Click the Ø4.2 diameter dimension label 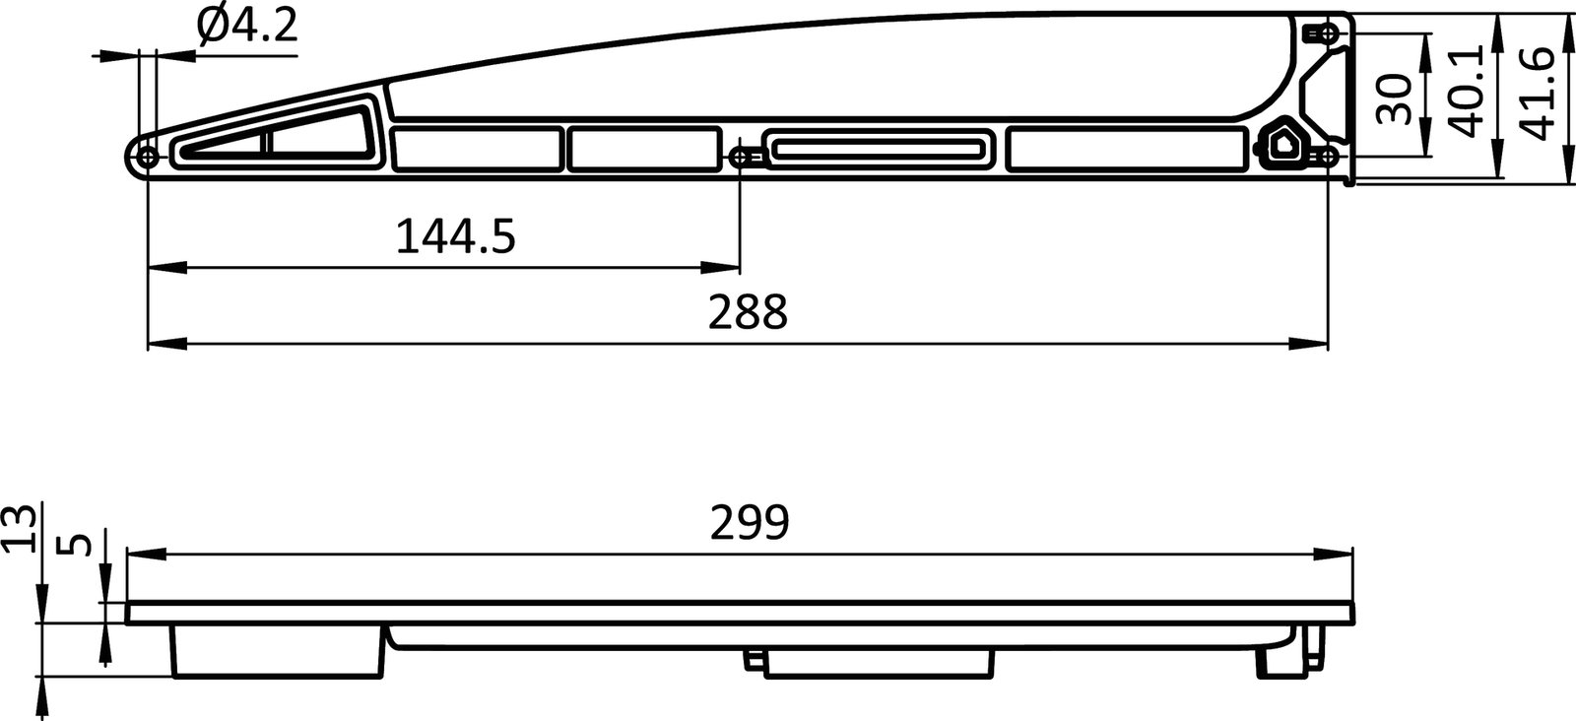click(x=246, y=27)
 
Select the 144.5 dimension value click(x=455, y=237)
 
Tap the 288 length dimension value click(x=749, y=314)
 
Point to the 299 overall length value click(x=750, y=523)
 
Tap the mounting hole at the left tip click(x=149, y=158)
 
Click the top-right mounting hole click(x=1327, y=34)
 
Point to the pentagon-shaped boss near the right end click(x=1285, y=144)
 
